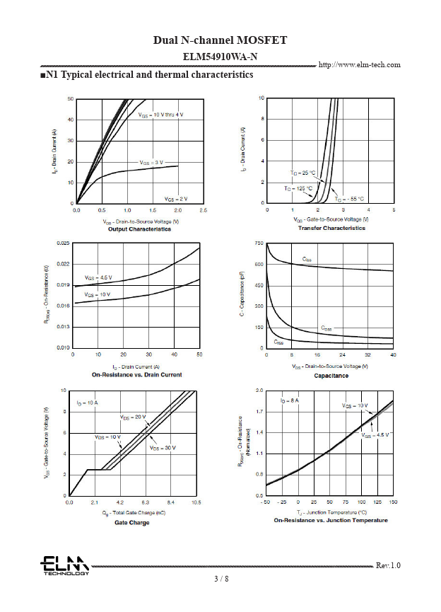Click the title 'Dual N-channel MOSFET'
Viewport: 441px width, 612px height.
pyautogui.click(x=220, y=40)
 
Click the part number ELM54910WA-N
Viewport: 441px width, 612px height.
pyautogui.click(x=220, y=55)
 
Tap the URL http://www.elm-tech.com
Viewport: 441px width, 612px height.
pyautogui.click(x=360, y=65)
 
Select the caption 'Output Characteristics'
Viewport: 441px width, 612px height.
pyautogui.click(x=139, y=229)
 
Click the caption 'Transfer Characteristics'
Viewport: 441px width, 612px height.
pyautogui.click(x=331, y=229)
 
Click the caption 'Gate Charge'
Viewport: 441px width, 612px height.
pyautogui.click(x=132, y=523)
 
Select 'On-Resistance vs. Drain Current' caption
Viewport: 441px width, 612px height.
pyautogui.click(x=137, y=374)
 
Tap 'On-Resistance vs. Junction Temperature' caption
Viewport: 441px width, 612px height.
pyautogui.click(x=331, y=520)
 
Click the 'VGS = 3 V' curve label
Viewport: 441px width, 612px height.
pyautogui.click(x=151, y=163)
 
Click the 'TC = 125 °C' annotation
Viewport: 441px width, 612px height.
pyautogui.click(x=299, y=189)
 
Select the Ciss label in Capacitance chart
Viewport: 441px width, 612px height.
pyautogui.click(x=307, y=260)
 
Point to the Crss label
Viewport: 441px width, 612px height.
pyautogui.click(x=278, y=342)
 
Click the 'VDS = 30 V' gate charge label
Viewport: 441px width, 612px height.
pyautogui.click(x=162, y=448)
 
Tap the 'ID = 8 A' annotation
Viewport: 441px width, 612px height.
pyautogui.click(x=289, y=401)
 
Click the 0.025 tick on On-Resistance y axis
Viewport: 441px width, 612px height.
pyautogui.click(x=61, y=243)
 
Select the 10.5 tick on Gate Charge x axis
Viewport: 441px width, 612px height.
pyautogui.click(x=196, y=502)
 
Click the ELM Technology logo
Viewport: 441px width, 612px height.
pyautogui.click(x=64, y=565)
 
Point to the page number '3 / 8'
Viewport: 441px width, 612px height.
pyautogui.click(x=221, y=579)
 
